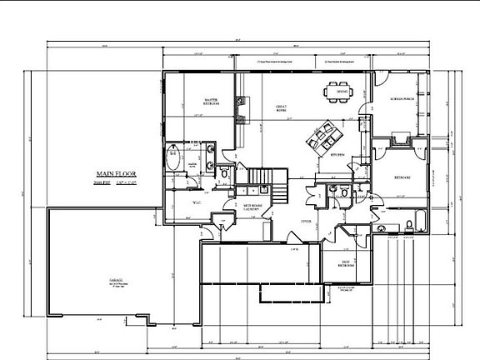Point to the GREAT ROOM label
282,108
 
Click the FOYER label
306,221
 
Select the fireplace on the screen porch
397,138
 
